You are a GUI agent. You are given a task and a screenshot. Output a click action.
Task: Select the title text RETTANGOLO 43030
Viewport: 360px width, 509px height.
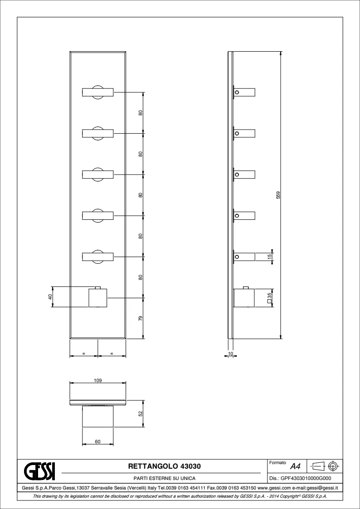click(x=165, y=466)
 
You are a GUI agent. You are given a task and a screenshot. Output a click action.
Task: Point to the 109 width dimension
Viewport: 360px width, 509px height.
click(x=98, y=380)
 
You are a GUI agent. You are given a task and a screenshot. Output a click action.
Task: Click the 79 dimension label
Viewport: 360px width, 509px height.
click(x=141, y=319)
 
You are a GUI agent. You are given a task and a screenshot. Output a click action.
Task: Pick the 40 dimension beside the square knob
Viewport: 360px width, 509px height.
click(x=50, y=297)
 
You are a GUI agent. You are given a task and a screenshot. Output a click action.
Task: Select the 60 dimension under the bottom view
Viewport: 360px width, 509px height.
click(x=98, y=441)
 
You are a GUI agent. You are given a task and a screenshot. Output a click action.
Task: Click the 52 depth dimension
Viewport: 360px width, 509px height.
click(x=141, y=413)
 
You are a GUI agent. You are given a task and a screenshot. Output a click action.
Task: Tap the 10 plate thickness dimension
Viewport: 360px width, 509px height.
click(x=231, y=353)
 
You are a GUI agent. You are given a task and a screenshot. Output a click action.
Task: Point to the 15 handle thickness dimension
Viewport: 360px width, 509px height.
click(x=270, y=257)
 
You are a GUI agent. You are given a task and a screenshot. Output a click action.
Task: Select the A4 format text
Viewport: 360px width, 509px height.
click(x=295, y=467)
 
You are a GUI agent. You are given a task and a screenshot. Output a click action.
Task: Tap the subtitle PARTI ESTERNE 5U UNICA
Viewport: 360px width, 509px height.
click(x=165, y=478)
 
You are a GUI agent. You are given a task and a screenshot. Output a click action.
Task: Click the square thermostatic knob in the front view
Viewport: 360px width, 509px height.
click(x=98, y=297)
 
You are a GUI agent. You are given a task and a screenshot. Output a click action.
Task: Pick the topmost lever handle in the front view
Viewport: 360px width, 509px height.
click(x=98, y=92)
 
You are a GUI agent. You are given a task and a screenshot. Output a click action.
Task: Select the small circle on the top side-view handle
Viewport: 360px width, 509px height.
click(x=237, y=92)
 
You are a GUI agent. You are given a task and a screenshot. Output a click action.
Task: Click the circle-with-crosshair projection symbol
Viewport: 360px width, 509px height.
click(x=333, y=467)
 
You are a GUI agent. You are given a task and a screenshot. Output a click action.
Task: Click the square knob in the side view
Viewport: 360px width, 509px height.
click(x=244, y=297)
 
